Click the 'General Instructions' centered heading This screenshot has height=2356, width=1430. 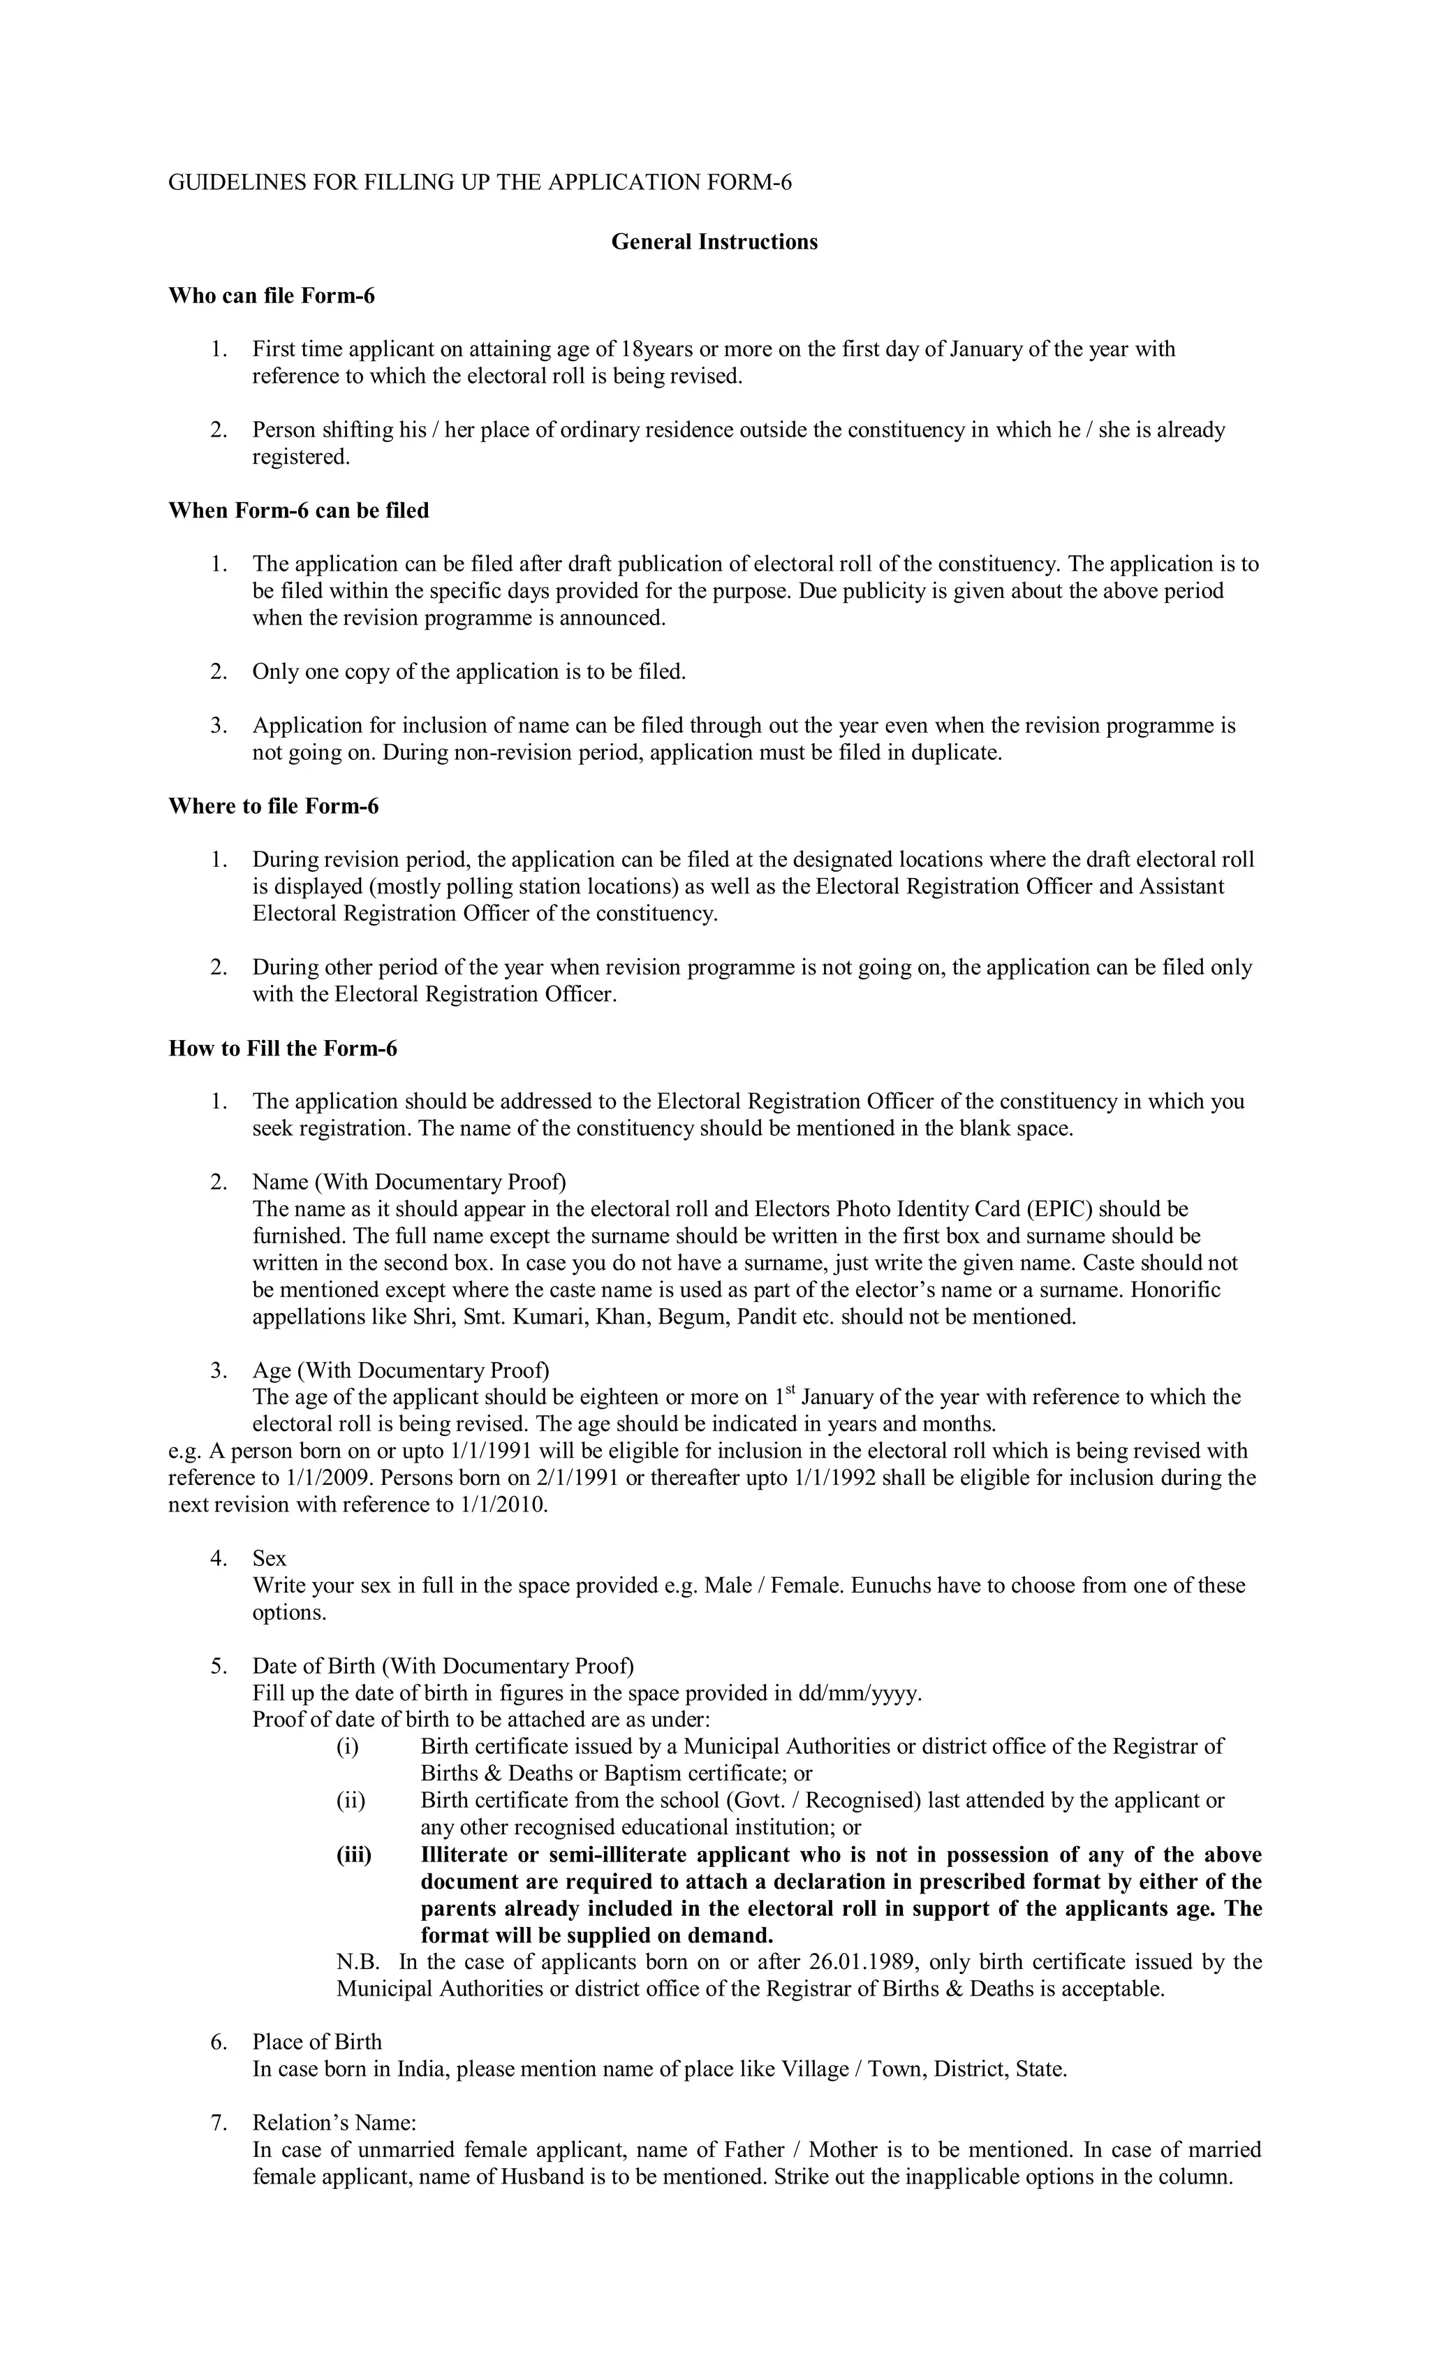(x=714, y=242)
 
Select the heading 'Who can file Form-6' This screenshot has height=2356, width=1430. (x=272, y=296)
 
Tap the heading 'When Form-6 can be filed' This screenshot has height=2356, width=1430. (x=298, y=511)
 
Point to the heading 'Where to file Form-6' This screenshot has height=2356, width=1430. (x=274, y=806)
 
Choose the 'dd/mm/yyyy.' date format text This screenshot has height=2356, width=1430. (x=860, y=1693)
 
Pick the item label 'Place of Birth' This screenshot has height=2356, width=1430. (x=316, y=2042)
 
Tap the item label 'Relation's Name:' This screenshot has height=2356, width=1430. (x=334, y=2123)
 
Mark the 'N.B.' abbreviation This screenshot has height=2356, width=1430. (x=357, y=1962)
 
